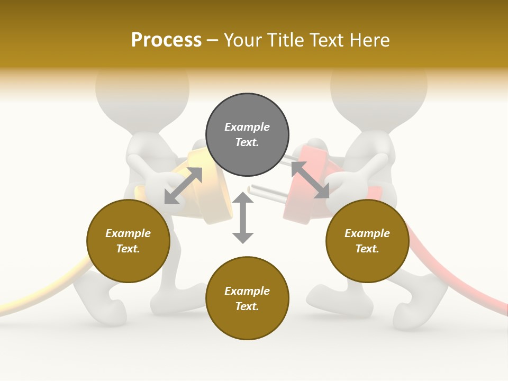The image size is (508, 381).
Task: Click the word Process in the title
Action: tap(166, 40)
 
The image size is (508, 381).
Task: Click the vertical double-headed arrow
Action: tap(243, 217)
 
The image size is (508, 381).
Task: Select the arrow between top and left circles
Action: tap(183, 186)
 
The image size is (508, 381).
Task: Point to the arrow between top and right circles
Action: tap(310, 180)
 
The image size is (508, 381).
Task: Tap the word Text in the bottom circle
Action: tap(247, 306)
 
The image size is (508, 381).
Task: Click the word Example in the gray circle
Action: tap(247, 127)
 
